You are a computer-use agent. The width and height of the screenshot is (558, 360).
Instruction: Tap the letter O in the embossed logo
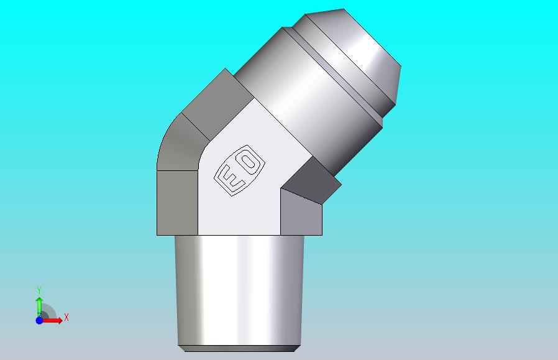pyautogui.click(x=249, y=162)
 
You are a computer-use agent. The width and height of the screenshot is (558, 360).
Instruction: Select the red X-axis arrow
pyautogui.click(x=52, y=320)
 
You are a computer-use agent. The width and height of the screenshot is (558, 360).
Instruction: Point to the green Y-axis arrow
pyautogui.click(x=39, y=307)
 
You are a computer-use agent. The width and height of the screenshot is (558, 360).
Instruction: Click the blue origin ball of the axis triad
pyautogui.click(x=39, y=320)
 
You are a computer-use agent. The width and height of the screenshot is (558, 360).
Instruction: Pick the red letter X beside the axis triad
pyautogui.click(x=66, y=317)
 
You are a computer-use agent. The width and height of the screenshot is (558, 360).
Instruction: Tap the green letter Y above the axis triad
pyautogui.click(x=39, y=290)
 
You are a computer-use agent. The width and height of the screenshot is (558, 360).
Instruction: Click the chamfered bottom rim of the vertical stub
pyautogui.click(x=239, y=348)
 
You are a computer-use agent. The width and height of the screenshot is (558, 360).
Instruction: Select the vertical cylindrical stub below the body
pyautogui.click(x=239, y=290)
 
